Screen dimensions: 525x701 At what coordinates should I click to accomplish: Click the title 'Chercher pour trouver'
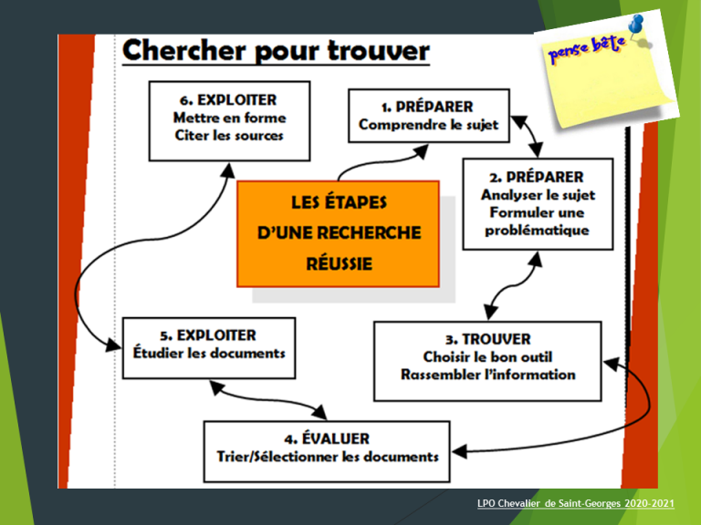pos(275,52)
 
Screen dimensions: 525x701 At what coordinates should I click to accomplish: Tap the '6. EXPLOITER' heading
pos(229,99)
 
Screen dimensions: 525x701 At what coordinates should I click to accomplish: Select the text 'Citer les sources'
pos(229,136)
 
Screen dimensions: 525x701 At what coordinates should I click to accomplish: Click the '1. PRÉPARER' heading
pos(428,107)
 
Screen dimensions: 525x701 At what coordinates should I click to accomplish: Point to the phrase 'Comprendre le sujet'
pos(428,125)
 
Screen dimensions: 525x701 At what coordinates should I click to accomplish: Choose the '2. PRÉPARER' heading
pos(535,176)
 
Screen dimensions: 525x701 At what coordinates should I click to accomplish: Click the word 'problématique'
pos(535,230)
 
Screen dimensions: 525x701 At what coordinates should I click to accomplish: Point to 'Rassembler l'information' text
pos(488,375)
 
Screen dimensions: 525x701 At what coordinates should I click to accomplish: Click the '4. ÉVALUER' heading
pos(327,438)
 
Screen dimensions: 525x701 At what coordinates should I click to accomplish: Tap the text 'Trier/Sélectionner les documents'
pos(327,457)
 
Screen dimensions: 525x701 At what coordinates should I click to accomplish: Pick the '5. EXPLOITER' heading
pos(208,335)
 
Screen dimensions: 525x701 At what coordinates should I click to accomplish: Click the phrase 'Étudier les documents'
pos(208,354)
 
